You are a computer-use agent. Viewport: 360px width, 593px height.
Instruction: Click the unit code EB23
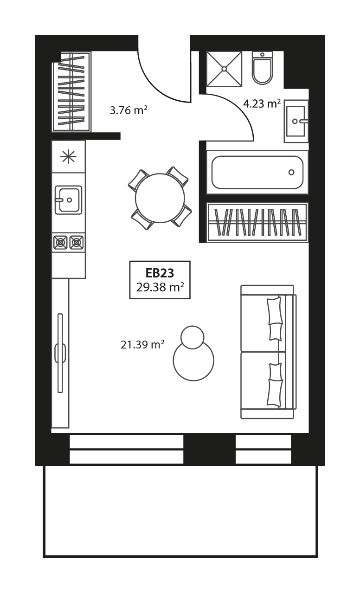pos(160,273)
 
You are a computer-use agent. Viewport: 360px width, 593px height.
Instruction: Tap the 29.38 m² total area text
pos(160,287)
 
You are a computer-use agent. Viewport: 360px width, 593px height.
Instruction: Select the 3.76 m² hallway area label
pos(129,110)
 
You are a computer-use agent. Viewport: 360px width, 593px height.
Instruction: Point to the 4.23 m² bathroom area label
pos(262,103)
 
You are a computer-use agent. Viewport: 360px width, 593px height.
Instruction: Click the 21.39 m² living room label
pos(142,344)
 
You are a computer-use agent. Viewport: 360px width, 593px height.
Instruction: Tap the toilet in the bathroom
pos(262,68)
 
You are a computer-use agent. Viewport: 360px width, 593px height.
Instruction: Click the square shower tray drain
pos(224,69)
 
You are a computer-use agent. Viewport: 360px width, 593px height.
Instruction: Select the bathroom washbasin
pos(296,121)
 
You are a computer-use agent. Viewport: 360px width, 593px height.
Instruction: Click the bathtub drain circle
pos(291,172)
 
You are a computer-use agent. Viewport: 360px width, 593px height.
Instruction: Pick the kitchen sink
pos(68,200)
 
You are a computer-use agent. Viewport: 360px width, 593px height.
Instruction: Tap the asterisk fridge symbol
pos(68,156)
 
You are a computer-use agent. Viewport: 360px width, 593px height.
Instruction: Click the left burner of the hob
pos(61,242)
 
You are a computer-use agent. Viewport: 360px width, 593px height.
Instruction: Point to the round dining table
pos(160,198)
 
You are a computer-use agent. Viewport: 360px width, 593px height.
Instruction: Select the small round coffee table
pos(193,337)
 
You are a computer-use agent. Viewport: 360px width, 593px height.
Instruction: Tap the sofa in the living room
pos(269,352)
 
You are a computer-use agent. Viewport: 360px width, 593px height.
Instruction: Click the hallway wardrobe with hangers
pos(71,91)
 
